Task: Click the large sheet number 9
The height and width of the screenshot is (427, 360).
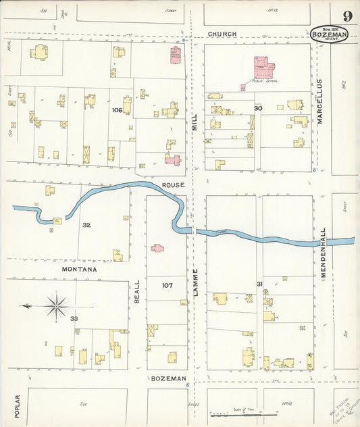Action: click(346, 16)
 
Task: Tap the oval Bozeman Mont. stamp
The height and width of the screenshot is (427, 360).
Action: click(330, 34)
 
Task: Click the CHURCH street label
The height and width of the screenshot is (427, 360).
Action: click(222, 34)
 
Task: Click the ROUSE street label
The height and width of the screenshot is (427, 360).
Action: click(172, 184)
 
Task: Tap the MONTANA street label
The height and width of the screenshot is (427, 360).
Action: click(80, 269)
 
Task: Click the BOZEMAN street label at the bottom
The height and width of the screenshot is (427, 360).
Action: click(168, 378)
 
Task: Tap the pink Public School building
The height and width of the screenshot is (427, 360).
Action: click(263, 68)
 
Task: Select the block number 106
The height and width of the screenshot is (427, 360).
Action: click(117, 109)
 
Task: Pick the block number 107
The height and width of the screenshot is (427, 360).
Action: click(168, 285)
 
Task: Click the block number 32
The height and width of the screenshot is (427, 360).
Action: click(86, 224)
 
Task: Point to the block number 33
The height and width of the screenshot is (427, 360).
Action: click(74, 318)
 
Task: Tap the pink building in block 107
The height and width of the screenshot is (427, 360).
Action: click(157, 248)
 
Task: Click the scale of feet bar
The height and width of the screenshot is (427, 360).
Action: click(244, 414)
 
